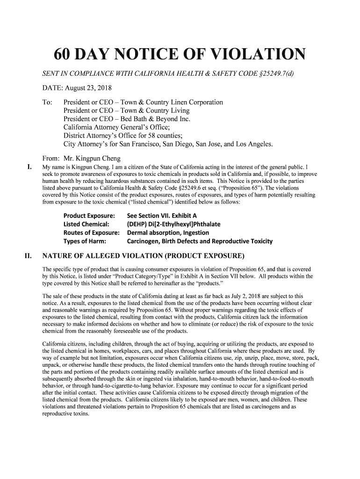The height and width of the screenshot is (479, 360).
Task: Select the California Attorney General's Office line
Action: click(x=119, y=127)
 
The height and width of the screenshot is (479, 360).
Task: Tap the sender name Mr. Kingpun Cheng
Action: click(x=91, y=158)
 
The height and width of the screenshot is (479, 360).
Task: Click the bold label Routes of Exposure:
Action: click(x=92, y=232)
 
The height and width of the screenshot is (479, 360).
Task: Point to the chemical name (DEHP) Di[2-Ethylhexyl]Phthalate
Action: click(x=173, y=224)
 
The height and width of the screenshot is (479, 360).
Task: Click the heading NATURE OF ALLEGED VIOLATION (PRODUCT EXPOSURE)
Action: click(x=143, y=256)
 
